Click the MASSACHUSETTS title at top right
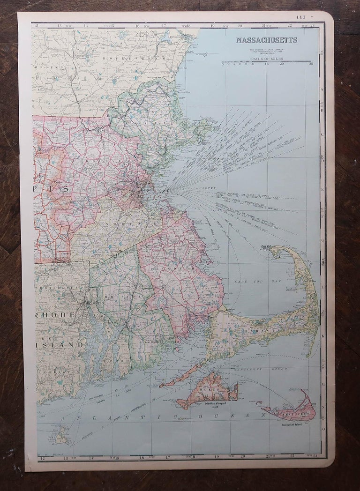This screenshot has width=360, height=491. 266,40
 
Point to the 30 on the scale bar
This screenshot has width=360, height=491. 311,64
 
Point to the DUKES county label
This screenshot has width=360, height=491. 207,389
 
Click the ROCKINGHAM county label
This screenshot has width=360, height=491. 127,58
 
